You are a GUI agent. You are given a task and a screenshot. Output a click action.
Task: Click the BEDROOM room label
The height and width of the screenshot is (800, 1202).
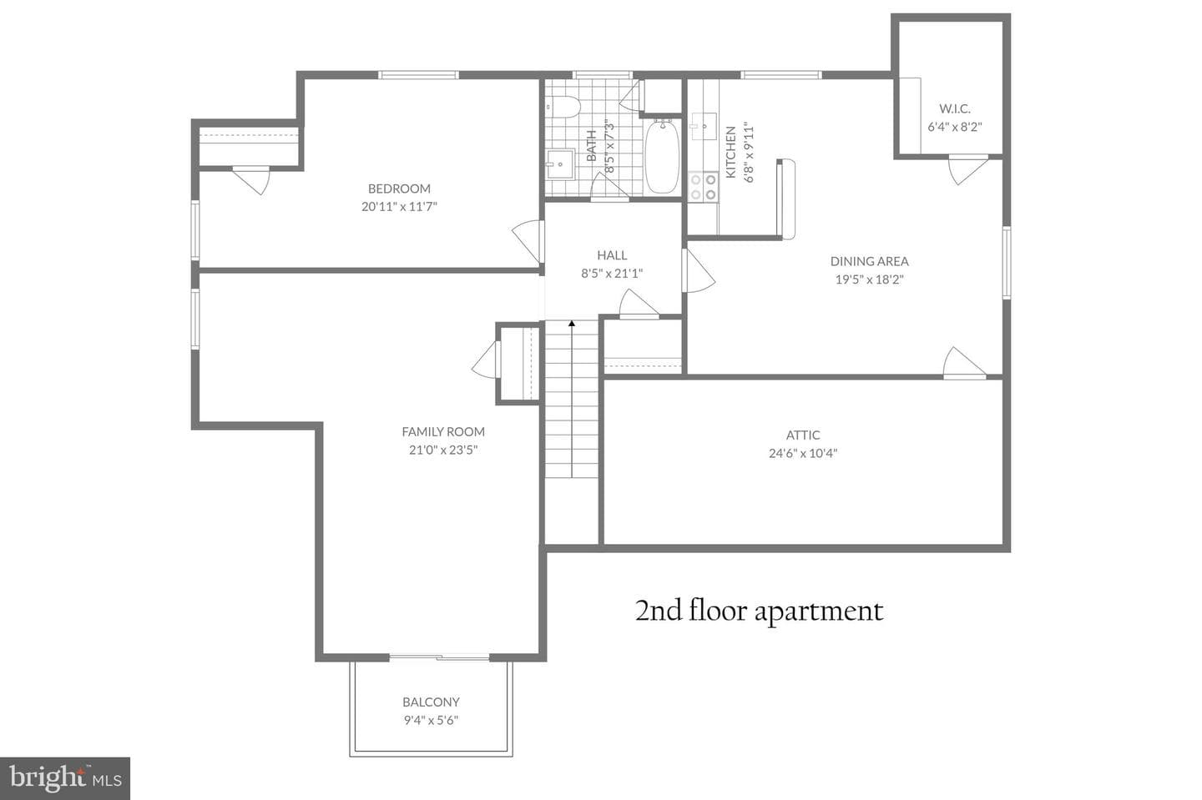pos(399,189)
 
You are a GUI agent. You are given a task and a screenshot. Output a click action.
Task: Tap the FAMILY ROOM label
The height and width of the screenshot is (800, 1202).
pos(443,431)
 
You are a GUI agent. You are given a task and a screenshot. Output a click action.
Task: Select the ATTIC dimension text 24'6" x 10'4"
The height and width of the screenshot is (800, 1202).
pos(803,453)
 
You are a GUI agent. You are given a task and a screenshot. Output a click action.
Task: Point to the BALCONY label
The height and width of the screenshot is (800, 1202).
pos(431,702)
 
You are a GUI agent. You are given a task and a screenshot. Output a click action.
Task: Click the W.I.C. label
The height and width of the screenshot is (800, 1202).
pos(955,108)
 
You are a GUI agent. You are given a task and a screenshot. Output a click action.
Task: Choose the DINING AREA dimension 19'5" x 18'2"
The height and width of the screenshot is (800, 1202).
pos(869,279)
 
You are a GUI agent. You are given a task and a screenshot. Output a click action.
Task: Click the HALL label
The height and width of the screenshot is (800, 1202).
pos(612,255)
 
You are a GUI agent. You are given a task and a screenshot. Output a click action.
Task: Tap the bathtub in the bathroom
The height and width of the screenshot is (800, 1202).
pos(662,157)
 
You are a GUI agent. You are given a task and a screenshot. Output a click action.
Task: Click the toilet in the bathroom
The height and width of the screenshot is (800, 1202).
pos(563,107)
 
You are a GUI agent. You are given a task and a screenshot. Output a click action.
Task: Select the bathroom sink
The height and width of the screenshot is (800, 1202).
pos(560,164)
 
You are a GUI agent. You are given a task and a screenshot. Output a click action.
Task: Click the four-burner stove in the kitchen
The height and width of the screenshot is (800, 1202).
pos(703,187)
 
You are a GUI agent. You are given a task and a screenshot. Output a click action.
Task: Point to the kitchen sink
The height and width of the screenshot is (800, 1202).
pos(703,127)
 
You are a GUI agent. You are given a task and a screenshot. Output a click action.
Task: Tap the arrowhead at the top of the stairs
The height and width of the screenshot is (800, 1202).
pos(572,324)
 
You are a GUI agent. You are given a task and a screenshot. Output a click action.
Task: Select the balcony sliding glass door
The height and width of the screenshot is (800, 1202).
pos(439,657)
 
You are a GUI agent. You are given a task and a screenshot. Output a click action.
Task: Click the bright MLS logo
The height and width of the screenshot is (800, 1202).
pos(65,778)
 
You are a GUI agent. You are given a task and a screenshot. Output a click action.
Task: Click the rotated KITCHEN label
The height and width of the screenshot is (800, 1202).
pos(730,153)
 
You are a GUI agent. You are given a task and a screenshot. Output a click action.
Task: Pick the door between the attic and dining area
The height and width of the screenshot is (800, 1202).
pos(964,364)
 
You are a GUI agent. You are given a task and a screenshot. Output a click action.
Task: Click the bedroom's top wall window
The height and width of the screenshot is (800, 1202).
pos(418,75)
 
